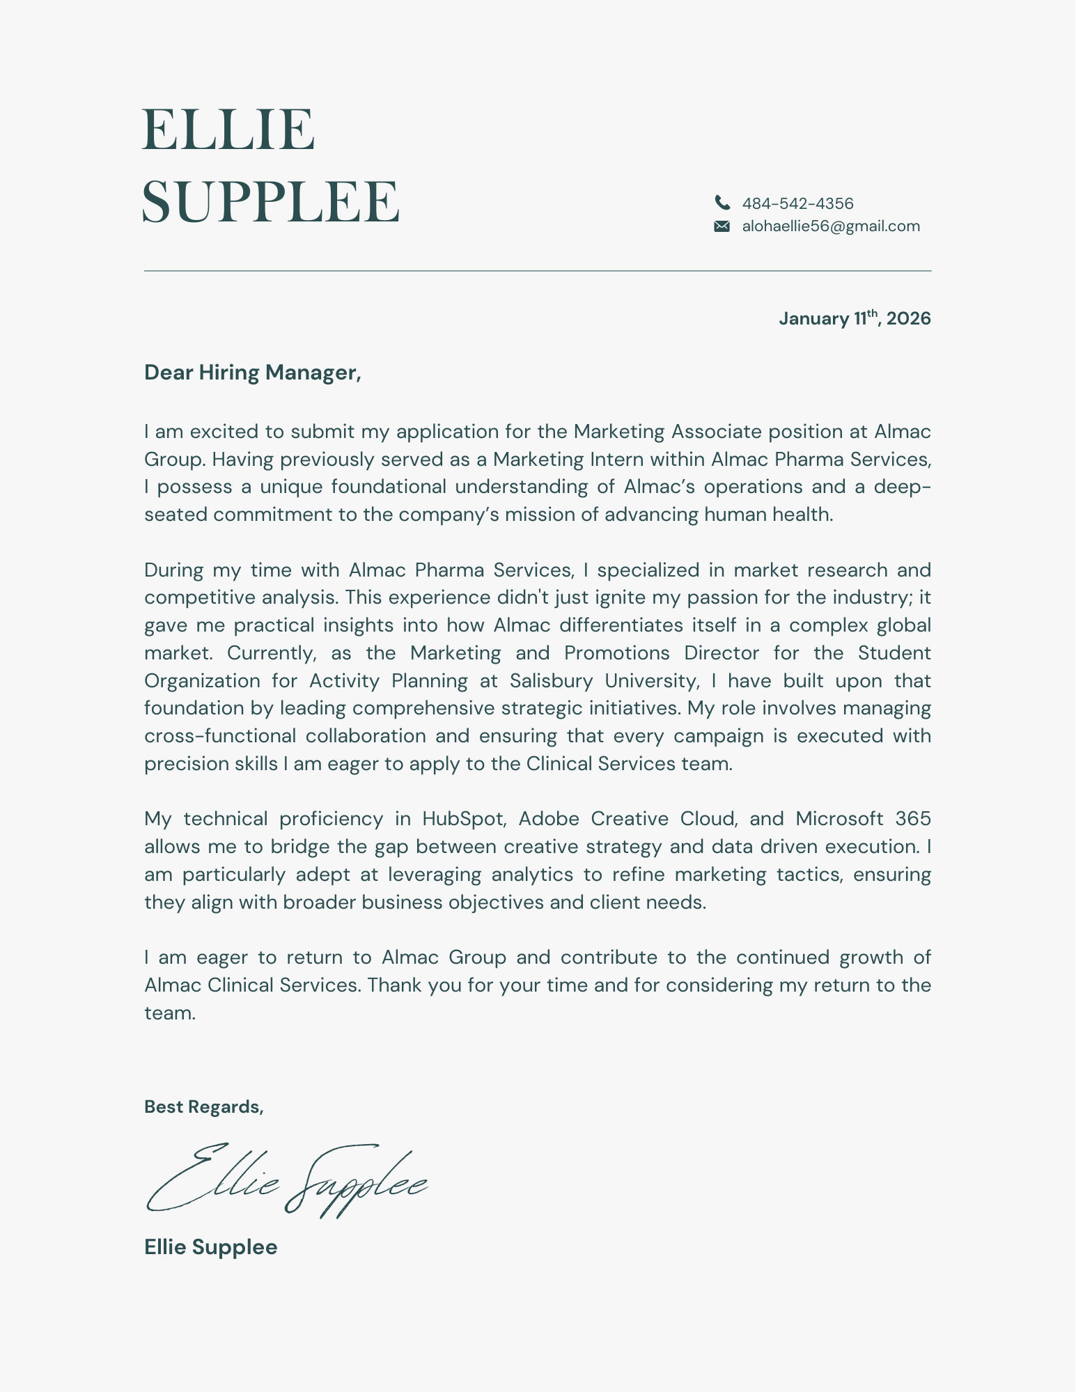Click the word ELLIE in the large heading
point(228,130)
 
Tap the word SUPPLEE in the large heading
point(270,202)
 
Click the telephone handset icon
point(722,203)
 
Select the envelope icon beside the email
point(722,226)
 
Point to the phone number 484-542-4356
point(797,203)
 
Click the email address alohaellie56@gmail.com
point(831,226)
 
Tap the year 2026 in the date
point(909,319)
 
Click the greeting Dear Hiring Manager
point(252,373)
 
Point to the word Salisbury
point(551,680)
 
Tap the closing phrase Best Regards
point(203,1106)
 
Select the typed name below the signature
point(210,1246)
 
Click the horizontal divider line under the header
point(537,271)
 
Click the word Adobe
point(549,819)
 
